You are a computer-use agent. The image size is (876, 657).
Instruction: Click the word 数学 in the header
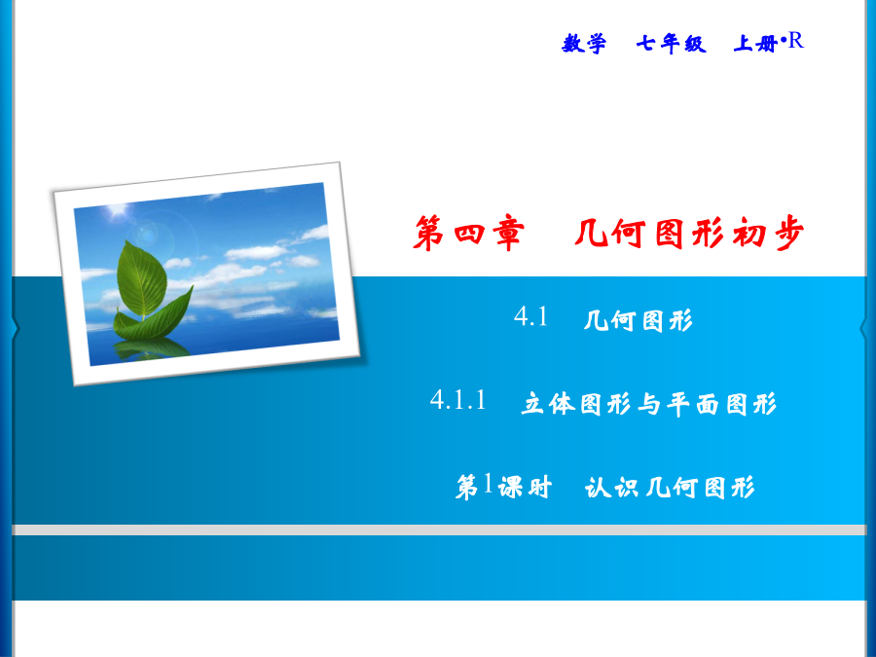point(584,44)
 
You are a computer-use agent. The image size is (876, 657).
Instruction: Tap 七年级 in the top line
point(671,44)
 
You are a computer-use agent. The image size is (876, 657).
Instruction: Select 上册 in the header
point(755,44)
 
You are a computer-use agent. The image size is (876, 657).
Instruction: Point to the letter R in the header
point(795,41)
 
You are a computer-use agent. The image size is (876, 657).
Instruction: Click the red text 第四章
point(469,233)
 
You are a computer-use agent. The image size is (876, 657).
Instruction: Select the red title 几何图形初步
point(689,233)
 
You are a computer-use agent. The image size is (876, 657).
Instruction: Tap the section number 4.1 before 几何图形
point(530,316)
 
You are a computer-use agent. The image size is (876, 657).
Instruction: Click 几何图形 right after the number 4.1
point(638,320)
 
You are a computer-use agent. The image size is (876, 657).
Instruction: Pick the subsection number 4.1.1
point(458,401)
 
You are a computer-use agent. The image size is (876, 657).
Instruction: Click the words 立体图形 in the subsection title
point(576,403)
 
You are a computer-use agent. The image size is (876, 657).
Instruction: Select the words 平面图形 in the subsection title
point(722,403)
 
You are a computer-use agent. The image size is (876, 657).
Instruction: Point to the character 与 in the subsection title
point(649,403)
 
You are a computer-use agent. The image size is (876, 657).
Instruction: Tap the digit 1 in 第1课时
point(488,483)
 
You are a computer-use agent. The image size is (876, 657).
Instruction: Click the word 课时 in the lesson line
point(525,488)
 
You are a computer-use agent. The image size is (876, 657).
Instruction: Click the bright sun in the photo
point(118,210)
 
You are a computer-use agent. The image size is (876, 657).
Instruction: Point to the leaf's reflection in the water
point(151,349)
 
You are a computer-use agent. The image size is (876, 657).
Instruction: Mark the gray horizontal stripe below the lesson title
point(439,529)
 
